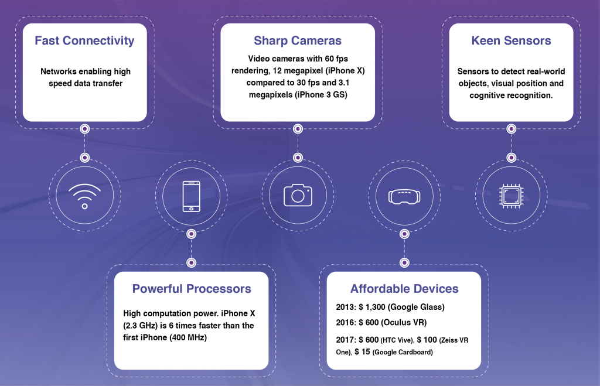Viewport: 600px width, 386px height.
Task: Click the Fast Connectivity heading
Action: pos(84,40)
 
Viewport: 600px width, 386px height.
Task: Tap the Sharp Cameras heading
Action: pos(298,40)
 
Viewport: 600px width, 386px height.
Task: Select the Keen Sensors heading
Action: pos(511,40)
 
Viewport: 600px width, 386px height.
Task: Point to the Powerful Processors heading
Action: pos(192,288)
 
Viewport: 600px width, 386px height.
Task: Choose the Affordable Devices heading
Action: pos(404,288)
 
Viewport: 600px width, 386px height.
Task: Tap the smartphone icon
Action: pos(192,196)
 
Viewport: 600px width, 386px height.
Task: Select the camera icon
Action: pos(298,196)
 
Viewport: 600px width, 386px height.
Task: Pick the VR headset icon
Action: pos(404,197)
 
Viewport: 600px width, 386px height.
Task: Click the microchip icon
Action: pos(511,196)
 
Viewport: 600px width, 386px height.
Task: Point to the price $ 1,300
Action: pos(372,307)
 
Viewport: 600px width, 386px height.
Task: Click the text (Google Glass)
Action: pos(417,307)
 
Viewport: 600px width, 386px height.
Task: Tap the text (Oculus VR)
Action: pos(405,323)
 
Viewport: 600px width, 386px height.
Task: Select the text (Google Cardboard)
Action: pos(403,352)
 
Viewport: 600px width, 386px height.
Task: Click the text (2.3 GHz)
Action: pos(141,326)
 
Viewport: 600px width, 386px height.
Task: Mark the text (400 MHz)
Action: pos(187,337)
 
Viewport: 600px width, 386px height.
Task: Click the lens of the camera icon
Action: pos(298,196)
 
